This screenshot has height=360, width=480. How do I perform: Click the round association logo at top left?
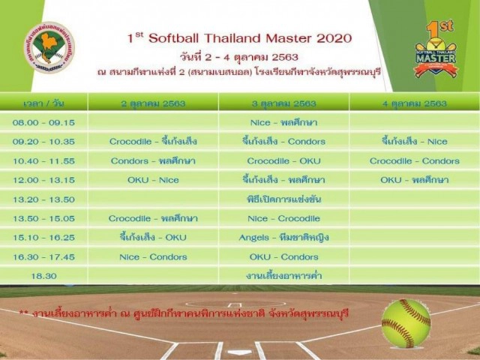coord(49,46)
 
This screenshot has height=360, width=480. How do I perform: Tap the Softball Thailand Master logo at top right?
coord(435,49)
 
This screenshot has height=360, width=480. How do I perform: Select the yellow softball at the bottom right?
coord(406,322)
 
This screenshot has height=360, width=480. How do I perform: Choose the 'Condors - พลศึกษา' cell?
coord(153,160)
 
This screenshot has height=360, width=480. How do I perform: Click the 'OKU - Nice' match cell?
coord(153,180)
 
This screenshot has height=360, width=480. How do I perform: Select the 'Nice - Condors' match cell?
coord(153,256)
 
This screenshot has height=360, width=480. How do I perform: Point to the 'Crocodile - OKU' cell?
coord(283,160)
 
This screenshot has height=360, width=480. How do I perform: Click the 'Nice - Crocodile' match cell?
coord(283,218)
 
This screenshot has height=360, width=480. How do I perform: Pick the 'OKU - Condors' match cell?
coord(283,256)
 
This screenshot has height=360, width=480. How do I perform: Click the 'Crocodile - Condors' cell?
coord(414,160)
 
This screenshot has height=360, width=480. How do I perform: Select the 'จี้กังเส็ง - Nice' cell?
coord(414,141)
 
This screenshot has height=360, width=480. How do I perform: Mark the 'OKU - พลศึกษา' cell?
coord(414,180)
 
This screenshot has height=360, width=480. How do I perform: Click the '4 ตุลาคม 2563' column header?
coord(414,103)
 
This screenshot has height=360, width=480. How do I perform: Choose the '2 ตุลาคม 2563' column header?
coord(153,103)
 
